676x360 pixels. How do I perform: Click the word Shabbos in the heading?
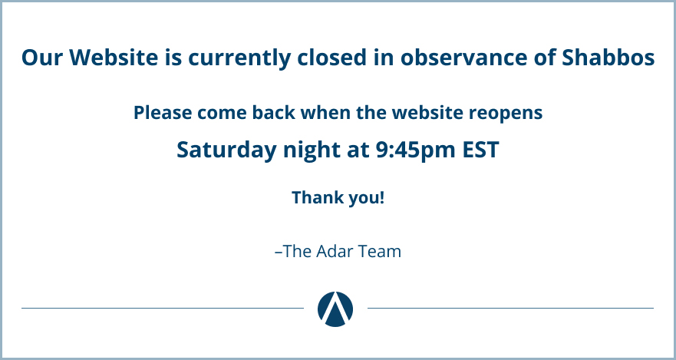coord(608,58)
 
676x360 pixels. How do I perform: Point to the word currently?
coord(239,58)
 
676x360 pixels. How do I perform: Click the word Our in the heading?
coord(42,58)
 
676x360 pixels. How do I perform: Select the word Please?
coord(163,113)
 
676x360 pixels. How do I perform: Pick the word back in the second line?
coord(274,113)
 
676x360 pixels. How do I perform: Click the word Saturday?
coord(227,150)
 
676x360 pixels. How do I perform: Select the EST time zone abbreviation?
coord(480,150)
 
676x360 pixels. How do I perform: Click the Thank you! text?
coord(338,198)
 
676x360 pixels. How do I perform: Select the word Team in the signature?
coord(383,251)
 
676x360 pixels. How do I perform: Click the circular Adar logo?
coord(335,309)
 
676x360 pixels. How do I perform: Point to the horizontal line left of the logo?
coord(163,309)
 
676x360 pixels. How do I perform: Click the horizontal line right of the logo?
coord(510,309)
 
